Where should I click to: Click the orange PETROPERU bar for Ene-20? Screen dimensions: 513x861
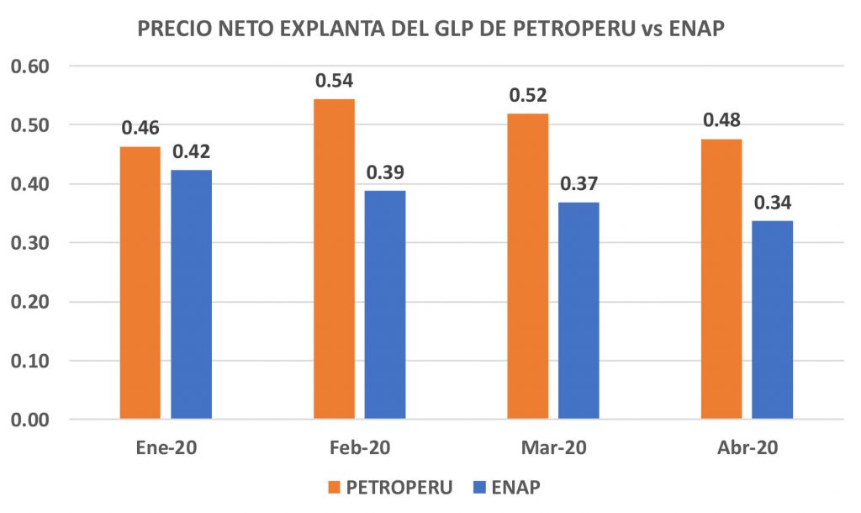[x=140, y=283]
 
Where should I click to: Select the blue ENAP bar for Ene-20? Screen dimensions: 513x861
[x=191, y=294]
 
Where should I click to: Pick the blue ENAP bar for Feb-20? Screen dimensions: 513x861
[x=385, y=304]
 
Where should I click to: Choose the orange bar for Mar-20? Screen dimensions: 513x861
[x=528, y=266]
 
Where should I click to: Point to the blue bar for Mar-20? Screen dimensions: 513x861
[x=578, y=310]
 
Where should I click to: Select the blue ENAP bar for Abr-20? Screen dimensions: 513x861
[x=772, y=320]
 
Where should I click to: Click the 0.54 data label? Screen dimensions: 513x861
[x=334, y=82]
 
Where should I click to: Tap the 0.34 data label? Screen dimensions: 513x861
[x=772, y=204]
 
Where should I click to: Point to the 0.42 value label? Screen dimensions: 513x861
[x=191, y=152]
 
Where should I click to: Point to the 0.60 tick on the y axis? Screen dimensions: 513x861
[x=31, y=66]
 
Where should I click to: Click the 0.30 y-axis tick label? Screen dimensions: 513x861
[x=31, y=243]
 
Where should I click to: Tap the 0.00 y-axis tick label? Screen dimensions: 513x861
[x=31, y=420]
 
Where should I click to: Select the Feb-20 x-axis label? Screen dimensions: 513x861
[x=360, y=447]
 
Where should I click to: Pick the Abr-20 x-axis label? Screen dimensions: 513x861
[x=747, y=447]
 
